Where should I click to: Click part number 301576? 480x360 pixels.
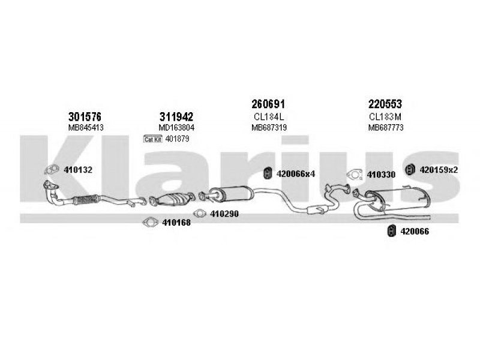[x=85, y=116]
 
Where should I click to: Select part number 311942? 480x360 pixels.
[x=176, y=116]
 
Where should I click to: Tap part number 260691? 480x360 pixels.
[x=268, y=104]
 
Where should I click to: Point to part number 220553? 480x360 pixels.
[x=385, y=104]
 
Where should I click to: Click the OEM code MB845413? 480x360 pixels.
[x=86, y=127]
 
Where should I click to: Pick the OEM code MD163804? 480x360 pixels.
[x=176, y=127]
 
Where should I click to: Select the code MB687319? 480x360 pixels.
[x=269, y=127]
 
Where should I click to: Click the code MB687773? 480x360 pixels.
[x=386, y=127]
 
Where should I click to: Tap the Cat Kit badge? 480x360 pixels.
[x=153, y=139]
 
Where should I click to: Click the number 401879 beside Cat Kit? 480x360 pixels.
[x=177, y=139]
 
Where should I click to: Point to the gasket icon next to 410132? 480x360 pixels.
[x=52, y=169]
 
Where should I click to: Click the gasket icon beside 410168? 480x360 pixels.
[x=151, y=222]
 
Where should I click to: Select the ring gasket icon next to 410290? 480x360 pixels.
[x=200, y=214]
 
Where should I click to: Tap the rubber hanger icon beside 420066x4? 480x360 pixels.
[x=268, y=173]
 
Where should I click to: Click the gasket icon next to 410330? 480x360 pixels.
[x=355, y=174]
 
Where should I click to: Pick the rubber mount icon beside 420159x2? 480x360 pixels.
[x=410, y=169]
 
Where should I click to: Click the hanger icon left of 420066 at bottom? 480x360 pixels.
[x=392, y=231]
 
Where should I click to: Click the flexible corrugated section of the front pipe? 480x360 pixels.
[x=85, y=200]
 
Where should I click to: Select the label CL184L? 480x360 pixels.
[x=269, y=116]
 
